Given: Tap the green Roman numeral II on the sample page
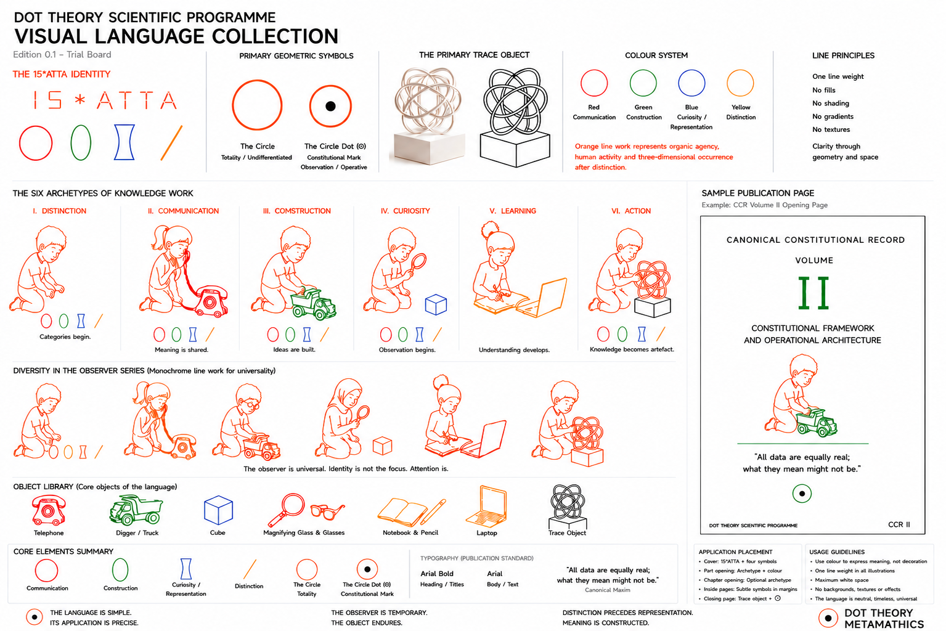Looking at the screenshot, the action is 813,293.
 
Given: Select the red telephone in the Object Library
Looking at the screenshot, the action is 49,510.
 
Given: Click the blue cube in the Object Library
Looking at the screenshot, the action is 218,510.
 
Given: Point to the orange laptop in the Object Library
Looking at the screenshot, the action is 486,507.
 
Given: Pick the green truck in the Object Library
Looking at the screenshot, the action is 136,510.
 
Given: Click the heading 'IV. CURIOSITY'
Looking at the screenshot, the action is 405,211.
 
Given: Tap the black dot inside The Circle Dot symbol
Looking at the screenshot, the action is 331,106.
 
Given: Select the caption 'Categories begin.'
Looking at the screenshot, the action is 65,336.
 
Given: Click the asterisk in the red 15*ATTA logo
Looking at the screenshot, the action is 80,100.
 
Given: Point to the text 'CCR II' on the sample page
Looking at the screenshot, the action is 899,524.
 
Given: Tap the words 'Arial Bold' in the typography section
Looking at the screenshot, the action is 437,574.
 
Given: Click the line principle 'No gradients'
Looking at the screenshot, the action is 833,116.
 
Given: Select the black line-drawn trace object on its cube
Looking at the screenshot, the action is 515,118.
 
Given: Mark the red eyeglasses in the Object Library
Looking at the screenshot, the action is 327,511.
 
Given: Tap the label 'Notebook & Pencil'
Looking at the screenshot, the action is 410,532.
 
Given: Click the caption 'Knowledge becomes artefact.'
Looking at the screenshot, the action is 632,349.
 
